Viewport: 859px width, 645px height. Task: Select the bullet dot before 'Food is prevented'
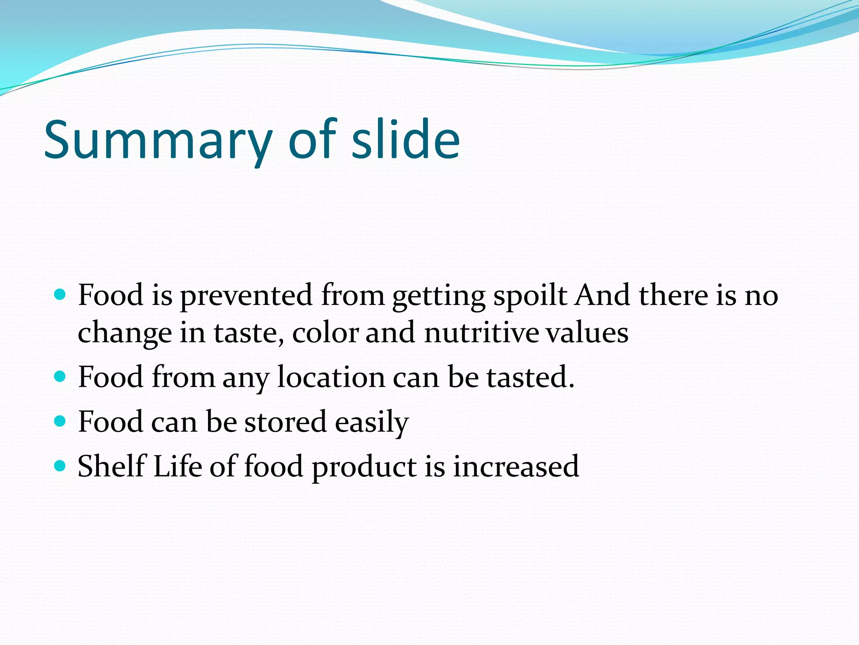60,294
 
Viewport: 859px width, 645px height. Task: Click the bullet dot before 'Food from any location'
60,376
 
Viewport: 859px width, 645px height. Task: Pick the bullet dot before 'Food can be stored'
60,421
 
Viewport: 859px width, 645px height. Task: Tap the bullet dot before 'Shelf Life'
60,466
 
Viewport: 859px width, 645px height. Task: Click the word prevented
247,296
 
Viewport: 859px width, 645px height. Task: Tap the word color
325,333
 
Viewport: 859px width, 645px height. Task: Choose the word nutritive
481,333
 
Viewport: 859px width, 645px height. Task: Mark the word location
331,377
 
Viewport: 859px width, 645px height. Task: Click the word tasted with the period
530,377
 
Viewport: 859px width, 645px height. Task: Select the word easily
372,422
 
